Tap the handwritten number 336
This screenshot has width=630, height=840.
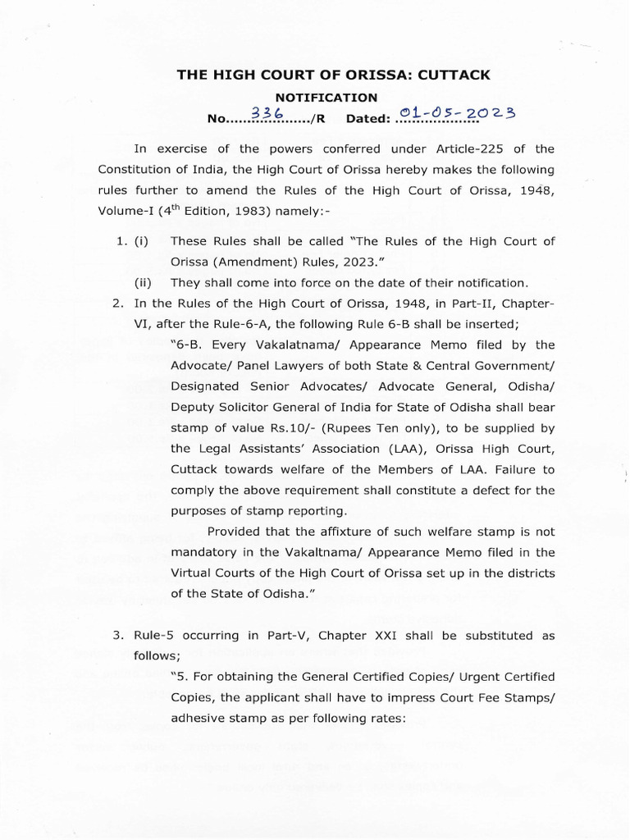click(267, 116)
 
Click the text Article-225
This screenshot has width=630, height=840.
click(459, 148)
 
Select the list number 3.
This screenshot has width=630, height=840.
click(118, 636)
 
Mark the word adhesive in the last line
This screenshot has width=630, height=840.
click(200, 719)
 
